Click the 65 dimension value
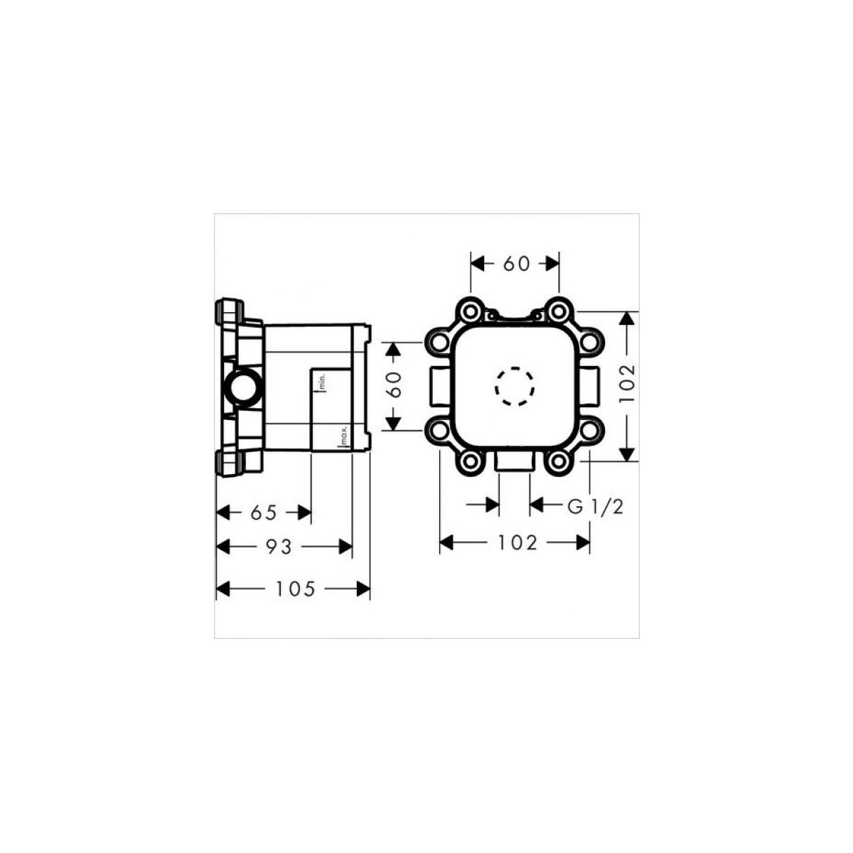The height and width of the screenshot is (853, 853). pyautogui.click(x=264, y=513)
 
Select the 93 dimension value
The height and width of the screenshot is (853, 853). pyautogui.click(x=279, y=547)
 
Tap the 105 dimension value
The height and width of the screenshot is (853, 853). pyautogui.click(x=296, y=589)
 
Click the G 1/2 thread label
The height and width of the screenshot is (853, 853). pyautogui.click(x=596, y=506)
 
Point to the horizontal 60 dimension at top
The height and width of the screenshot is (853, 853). pyautogui.click(x=517, y=264)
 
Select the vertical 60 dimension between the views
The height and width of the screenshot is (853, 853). pyautogui.click(x=393, y=385)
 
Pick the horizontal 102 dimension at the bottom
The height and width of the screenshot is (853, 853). pyautogui.click(x=517, y=542)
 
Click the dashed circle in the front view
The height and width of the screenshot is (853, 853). pyautogui.click(x=514, y=387)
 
